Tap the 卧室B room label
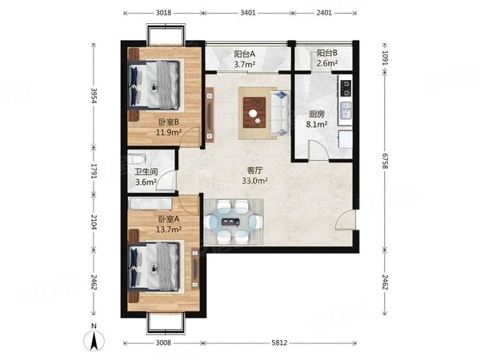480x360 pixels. [168, 122]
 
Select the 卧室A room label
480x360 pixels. [168, 219]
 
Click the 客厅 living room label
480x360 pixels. [254, 170]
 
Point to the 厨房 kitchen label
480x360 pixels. [317, 114]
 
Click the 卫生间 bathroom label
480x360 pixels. [146, 172]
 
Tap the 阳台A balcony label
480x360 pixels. [245, 54]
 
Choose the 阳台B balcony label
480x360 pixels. [327, 53]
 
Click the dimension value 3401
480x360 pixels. [248, 13]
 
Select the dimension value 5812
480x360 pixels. [279, 342]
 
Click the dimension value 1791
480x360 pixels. [94, 172]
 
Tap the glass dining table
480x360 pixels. [234, 222]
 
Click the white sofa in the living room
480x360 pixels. [280, 113]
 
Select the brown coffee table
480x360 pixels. [254, 112]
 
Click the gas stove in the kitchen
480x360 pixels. [346, 87]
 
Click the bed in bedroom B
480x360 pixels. [154, 85]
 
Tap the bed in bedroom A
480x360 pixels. [154, 266]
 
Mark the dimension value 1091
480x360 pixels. [385, 58]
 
